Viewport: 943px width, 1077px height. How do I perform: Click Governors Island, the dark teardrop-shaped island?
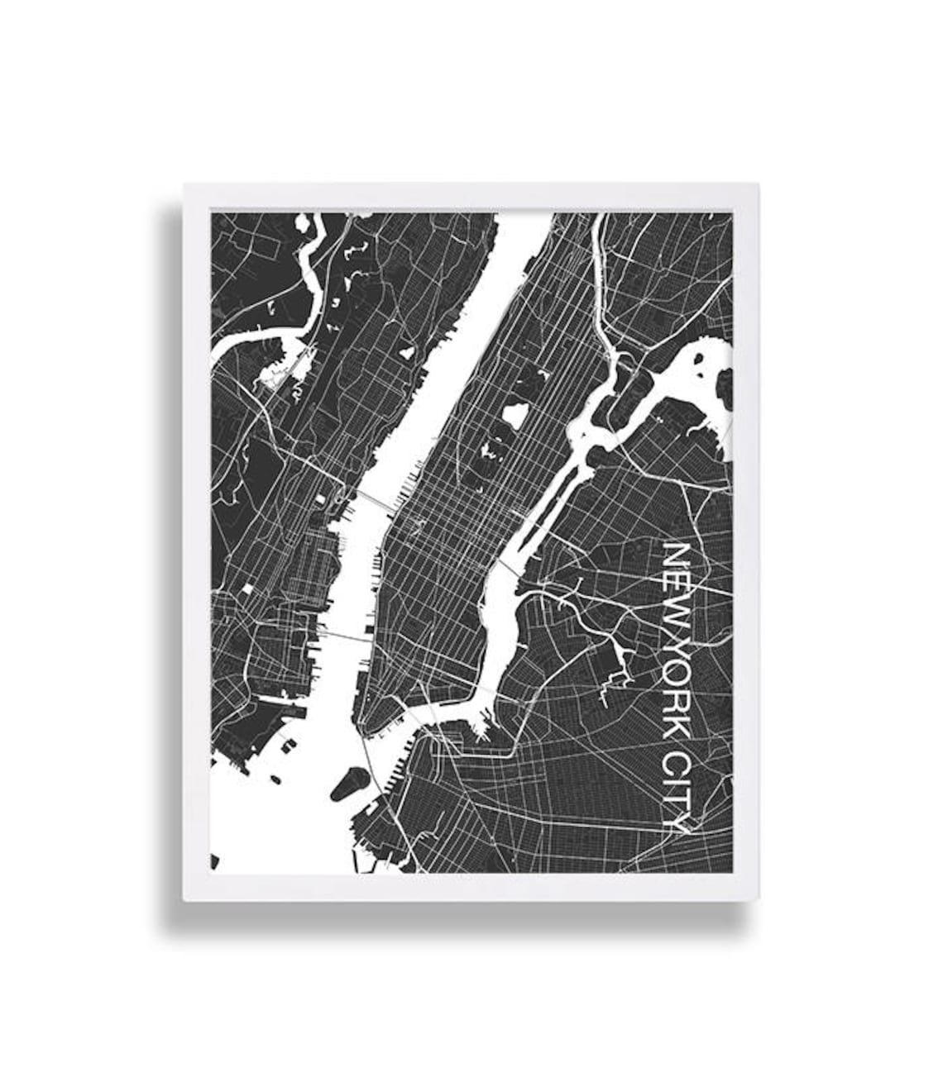click(350, 782)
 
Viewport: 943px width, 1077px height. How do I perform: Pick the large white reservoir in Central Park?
click(515, 414)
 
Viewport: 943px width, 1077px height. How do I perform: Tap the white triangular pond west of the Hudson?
click(406, 352)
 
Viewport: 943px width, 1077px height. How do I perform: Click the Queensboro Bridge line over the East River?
click(510, 568)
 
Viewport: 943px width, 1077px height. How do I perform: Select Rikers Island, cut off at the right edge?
click(725, 388)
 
